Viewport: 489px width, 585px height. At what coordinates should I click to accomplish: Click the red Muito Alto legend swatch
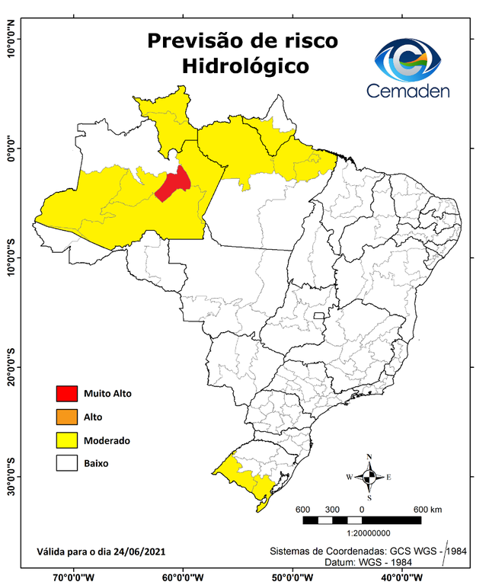point(67,394)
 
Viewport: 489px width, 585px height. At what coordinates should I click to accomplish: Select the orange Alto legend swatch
point(67,417)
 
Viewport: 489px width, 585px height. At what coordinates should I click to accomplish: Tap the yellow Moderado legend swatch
point(67,440)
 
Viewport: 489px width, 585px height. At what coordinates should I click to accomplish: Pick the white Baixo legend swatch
point(67,462)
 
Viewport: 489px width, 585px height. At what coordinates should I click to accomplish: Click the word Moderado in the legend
point(107,440)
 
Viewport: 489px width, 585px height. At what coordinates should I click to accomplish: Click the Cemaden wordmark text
point(408,91)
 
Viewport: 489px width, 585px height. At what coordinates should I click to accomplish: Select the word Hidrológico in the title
point(245,66)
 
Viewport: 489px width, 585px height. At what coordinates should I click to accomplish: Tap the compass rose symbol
point(369,477)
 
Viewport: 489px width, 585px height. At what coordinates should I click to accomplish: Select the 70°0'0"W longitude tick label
point(74,576)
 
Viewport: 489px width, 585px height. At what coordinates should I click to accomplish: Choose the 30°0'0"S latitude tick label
point(11,476)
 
